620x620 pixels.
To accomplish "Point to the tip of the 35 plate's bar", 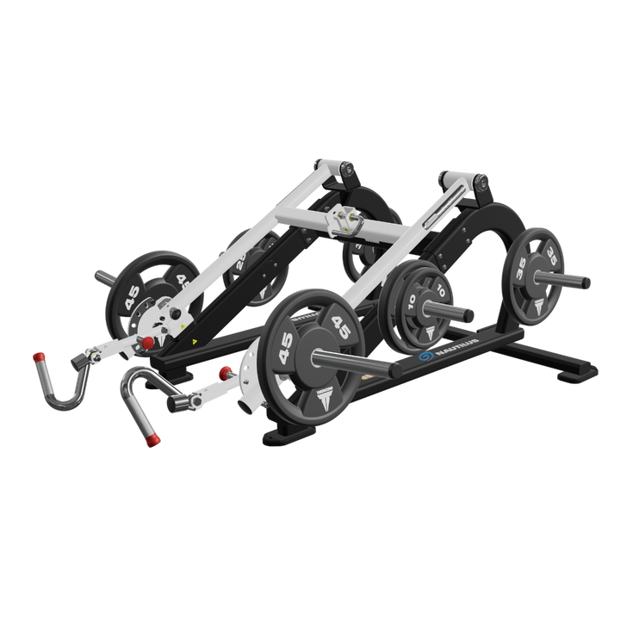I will [x=588, y=282].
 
